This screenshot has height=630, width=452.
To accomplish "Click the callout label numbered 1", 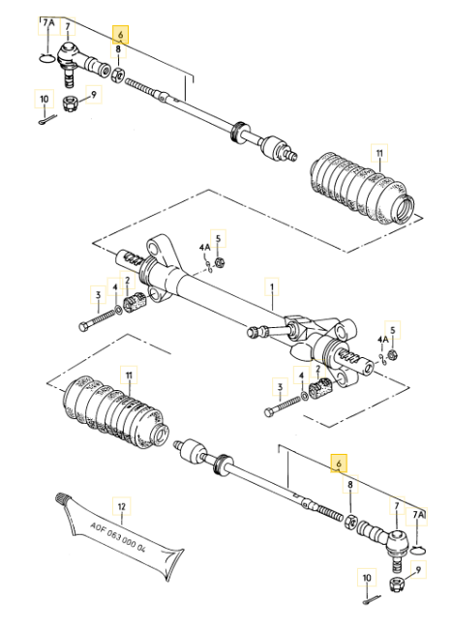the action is [x=272, y=286].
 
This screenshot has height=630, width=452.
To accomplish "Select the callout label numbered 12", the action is [x=122, y=507].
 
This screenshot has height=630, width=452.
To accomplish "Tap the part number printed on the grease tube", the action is [x=117, y=537].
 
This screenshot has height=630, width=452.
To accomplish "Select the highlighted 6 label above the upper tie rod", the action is [x=121, y=35].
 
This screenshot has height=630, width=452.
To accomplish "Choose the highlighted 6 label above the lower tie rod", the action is [x=339, y=464].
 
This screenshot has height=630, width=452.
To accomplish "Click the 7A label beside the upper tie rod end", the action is [x=48, y=23].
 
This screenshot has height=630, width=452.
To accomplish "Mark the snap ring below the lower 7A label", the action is [x=419, y=550].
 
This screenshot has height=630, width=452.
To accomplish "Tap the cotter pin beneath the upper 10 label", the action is [x=47, y=120].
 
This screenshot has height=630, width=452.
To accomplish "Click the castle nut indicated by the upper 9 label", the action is [x=70, y=104].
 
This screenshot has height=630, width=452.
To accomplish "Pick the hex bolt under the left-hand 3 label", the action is [x=99, y=320].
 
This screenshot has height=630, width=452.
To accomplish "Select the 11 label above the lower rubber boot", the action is [x=129, y=375].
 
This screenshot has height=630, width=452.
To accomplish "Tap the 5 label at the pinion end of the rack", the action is [x=393, y=330].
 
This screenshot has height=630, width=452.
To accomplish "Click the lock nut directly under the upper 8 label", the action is [x=118, y=75].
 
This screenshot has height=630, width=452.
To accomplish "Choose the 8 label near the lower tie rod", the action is [x=350, y=485].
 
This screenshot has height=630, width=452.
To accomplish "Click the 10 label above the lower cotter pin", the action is [x=367, y=578].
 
